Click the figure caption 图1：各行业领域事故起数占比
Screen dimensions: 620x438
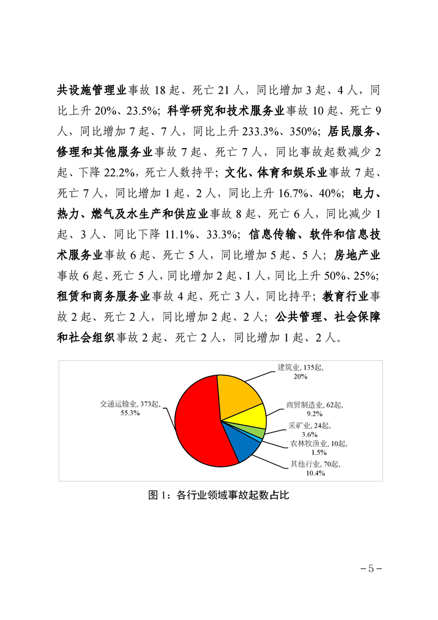pyautogui.click(x=219, y=495)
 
